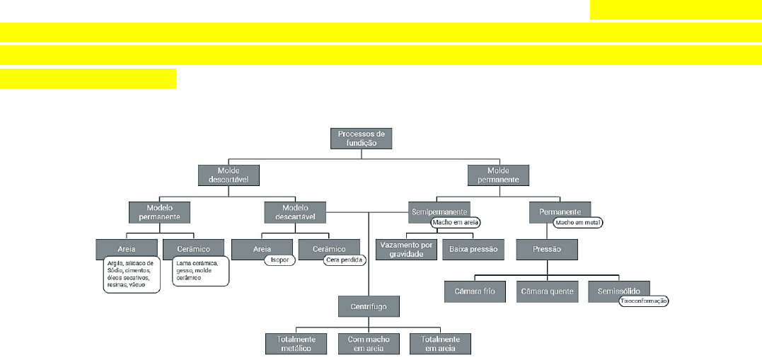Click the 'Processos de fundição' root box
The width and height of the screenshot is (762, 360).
(361, 137)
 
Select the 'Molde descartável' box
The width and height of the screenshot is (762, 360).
(228, 175)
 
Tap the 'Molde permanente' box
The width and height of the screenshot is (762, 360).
(498, 175)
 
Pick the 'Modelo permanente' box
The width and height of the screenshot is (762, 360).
(159, 212)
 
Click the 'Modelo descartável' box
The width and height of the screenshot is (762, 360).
(294, 212)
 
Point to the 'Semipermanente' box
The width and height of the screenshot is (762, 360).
(438, 211)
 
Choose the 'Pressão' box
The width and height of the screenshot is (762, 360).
(547, 250)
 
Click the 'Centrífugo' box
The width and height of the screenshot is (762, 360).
(369, 306)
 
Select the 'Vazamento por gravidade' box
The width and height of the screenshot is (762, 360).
(405, 250)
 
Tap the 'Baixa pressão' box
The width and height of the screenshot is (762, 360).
(473, 250)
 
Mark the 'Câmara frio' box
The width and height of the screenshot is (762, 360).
(475, 291)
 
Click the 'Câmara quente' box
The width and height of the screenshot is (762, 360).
(547, 291)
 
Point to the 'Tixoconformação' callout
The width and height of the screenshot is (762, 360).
(643, 301)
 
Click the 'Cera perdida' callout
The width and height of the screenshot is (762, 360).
(344, 260)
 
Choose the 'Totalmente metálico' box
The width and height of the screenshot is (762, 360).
(296, 344)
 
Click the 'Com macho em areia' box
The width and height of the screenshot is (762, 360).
(369, 344)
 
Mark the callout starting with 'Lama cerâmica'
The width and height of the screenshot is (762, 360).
(201, 271)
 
